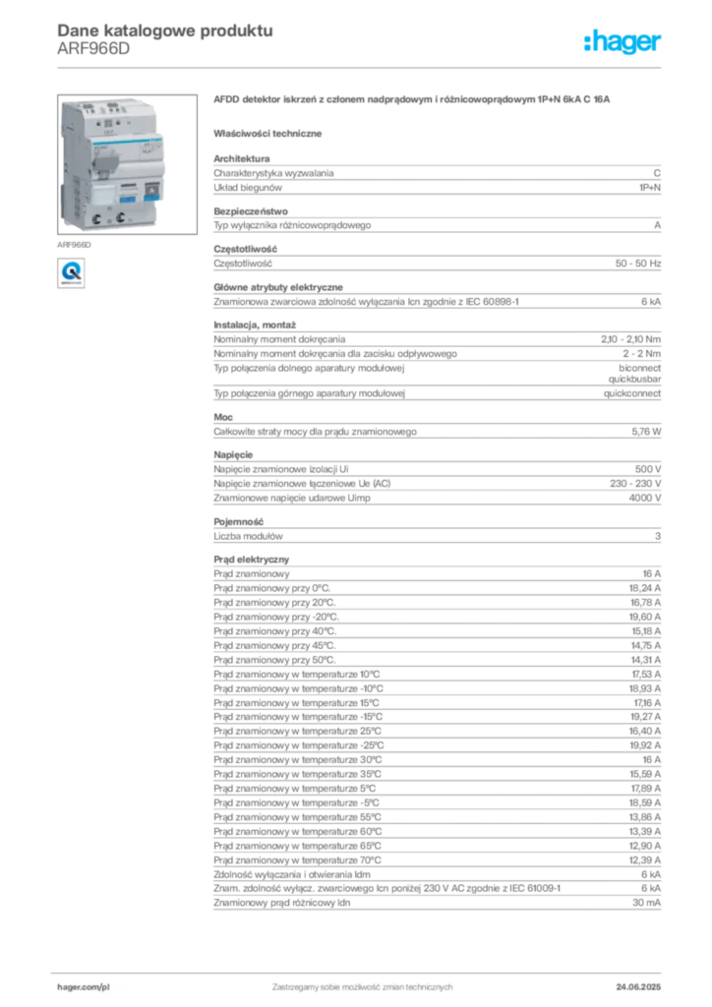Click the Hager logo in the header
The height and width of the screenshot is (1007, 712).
[x=623, y=41]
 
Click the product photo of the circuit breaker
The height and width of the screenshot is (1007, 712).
[x=127, y=164]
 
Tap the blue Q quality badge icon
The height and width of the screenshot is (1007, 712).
[x=71, y=273]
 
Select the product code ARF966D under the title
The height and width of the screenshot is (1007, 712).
[x=93, y=49]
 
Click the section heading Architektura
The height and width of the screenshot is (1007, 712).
[x=241, y=158]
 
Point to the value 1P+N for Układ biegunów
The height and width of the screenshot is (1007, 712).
[x=650, y=188]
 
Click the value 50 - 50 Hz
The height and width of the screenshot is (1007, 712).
[x=637, y=264]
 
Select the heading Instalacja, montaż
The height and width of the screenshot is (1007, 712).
[x=255, y=325]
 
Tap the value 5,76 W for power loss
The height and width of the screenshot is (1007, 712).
[x=646, y=432]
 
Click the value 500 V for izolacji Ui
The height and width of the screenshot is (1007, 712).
[x=648, y=469]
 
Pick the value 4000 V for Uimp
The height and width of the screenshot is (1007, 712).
[x=644, y=498]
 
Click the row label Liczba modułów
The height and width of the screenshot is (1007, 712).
[x=248, y=536]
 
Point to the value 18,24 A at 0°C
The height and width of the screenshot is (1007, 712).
[x=644, y=588]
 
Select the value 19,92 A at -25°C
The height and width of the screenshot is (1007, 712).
[x=644, y=745]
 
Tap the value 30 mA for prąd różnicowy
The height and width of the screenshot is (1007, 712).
[x=646, y=903]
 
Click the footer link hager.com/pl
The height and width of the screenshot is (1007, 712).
[x=83, y=987]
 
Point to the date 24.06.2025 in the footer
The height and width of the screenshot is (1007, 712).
[x=638, y=987]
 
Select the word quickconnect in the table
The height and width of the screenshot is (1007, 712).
[x=631, y=393]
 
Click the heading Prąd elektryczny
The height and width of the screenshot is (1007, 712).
[x=251, y=560]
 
